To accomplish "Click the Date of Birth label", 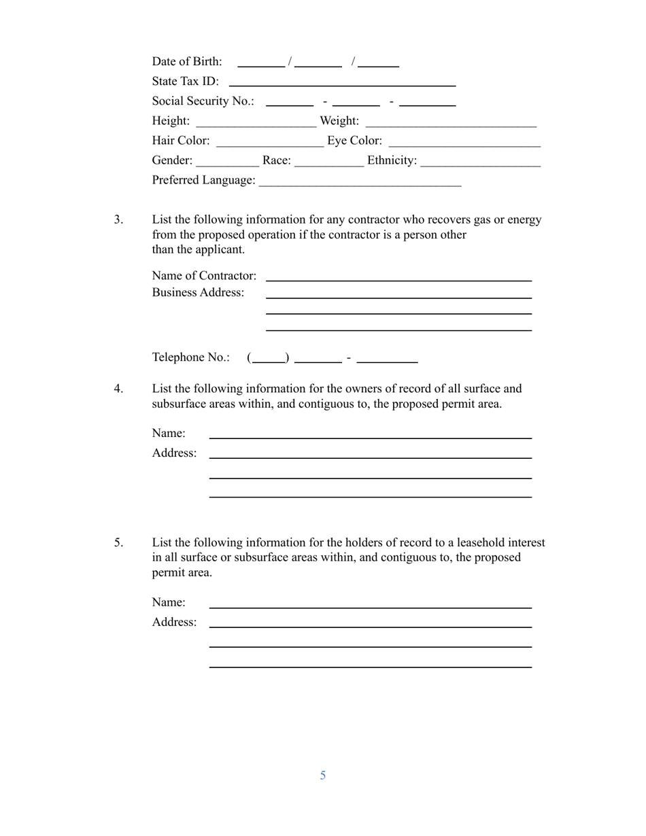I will (x=187, y=62).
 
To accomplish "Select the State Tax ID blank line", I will (x=342, y=84).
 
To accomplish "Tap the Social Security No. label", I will (x=203, y=101).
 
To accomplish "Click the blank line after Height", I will (x=255, y=124).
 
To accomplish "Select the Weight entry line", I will (x=451, y=124).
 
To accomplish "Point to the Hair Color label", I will (x=181, y=141).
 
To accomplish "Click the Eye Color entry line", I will (x=464, y=143).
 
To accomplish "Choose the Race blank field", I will (x=329, y=163).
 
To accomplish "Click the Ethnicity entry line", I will (x=480, y=163).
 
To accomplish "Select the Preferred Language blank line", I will (x=360, y=183).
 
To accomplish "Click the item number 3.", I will (x=118, y=220).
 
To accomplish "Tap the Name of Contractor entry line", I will (x=398, y=278).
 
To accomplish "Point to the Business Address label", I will (x=198, y=293).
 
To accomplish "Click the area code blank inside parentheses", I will (x=268, y=360).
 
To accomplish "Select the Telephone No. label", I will (x=190, y=358).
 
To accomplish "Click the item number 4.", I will (x=118, y=389).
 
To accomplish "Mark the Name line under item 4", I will (x=370, y=436).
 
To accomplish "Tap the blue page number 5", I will (x=323, y=776).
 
